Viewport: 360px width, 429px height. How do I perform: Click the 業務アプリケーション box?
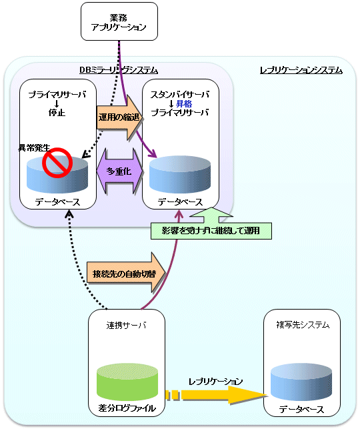(x=119, y=21)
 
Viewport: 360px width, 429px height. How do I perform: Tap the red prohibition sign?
(x=57, y=163)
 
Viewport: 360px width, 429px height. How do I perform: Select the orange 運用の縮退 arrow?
(x=119, y=117)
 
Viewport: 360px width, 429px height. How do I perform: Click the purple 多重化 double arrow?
(x=120, y=171)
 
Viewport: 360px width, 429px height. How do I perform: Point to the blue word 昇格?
(x=184, y=103)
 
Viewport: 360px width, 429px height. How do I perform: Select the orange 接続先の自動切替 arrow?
(x=126, y=273)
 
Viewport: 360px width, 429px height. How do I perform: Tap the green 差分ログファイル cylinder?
(x=127, y=382)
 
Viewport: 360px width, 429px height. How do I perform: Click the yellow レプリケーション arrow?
(x=216, y=395)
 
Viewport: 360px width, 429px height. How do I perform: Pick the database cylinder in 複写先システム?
(x=301, y=382)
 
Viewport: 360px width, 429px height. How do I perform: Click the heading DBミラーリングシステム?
(x=119, y=70)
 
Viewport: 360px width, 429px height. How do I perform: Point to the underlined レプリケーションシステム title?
(x=301, y=70)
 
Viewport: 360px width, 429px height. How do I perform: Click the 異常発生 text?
(x=35, y=147)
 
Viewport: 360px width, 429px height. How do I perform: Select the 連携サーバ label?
(x=127, y=325)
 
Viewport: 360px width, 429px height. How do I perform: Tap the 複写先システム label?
(x=303, y=325)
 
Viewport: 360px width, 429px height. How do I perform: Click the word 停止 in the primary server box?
(x=57, y=112)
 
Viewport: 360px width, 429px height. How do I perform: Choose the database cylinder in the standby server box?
(x=180, y=175)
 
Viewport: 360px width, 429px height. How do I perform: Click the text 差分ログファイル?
(x=127, y=408)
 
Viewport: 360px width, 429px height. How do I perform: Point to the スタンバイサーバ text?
(x=180, y=95)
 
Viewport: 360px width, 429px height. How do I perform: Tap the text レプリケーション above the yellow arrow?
(x=215, y=382)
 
